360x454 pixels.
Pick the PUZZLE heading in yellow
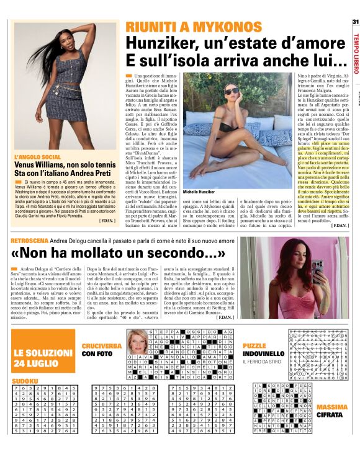255,345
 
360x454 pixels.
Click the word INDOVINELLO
264,354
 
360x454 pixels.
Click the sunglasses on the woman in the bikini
232,90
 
